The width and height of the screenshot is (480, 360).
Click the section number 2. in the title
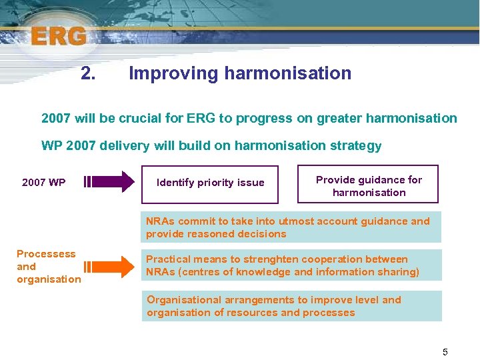pyautogui.click(x=88, y=73)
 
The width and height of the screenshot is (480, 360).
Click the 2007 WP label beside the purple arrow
pyautogui.click(x=43, y=182)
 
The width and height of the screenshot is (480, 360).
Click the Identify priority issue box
pyautogui.click(x=210, y=183)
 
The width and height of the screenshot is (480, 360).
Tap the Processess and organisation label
pyautogui.click(x=47, y=267)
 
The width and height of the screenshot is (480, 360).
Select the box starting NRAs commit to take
pyautogui.click(x=291, y=227)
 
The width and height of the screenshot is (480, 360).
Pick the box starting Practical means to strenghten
pyautogui.click(x=291, y=265)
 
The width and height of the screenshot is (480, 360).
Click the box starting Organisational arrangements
pyautogui.click(x=291, y=307)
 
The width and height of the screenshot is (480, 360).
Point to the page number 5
pyautogui.click(x=445, y=351)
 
